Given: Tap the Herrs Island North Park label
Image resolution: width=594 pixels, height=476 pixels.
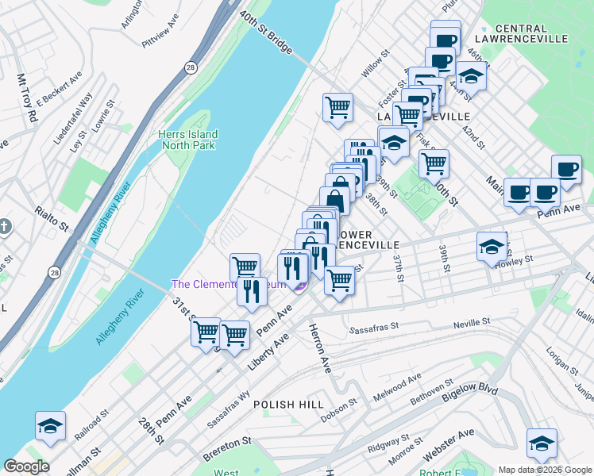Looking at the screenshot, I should click(187, 140).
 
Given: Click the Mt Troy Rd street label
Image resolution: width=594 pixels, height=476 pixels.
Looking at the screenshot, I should click(27, 98).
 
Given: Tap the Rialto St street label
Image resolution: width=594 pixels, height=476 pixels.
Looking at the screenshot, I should click(53, 217).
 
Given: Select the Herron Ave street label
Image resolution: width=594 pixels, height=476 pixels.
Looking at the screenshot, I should click(319, 349).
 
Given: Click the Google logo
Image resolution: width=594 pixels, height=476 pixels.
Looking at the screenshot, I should click(25, 466).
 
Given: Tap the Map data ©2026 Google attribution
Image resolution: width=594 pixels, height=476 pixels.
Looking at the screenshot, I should click(544, 470).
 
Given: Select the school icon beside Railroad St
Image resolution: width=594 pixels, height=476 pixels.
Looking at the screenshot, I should click(50, 426).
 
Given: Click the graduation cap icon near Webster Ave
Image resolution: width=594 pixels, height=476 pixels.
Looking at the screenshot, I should click(542, 443).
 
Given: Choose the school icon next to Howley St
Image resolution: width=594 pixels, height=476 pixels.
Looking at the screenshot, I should click(492, 246).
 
